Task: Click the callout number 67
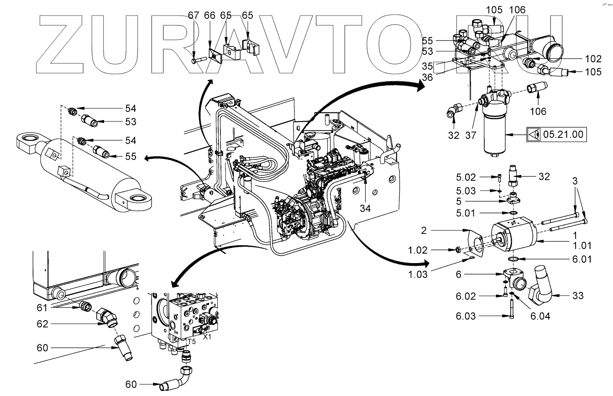(193, 15)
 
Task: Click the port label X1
(207, 337)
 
